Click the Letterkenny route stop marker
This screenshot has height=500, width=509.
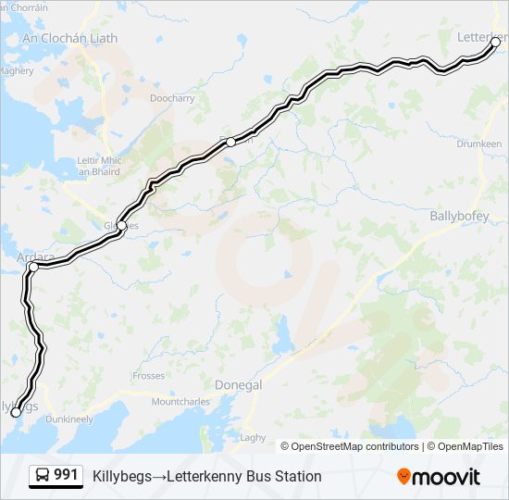click(x=495, y=42)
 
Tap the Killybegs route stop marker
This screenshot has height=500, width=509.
click(x=16, y=412)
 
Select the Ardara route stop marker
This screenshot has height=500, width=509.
click(x=33, y=267)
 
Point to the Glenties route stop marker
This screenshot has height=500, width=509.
click(x=121, y=225)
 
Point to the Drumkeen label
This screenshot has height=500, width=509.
click(x=478, y=144)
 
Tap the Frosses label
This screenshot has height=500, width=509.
click(x=148, y=376)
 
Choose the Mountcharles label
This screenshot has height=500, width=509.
click(x=181, y=402)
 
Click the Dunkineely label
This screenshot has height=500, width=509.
click(x=68, y=419)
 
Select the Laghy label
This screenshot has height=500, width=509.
click(x=253, y=438)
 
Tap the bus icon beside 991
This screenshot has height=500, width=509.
click(x=43, y=475)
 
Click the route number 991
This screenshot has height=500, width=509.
click(x=66, y=475)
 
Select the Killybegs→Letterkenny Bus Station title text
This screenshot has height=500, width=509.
click(x=207, y=477)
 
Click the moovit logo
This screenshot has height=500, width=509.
click(x=439, y=477)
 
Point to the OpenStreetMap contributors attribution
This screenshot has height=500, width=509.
click(x=349, y=446)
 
